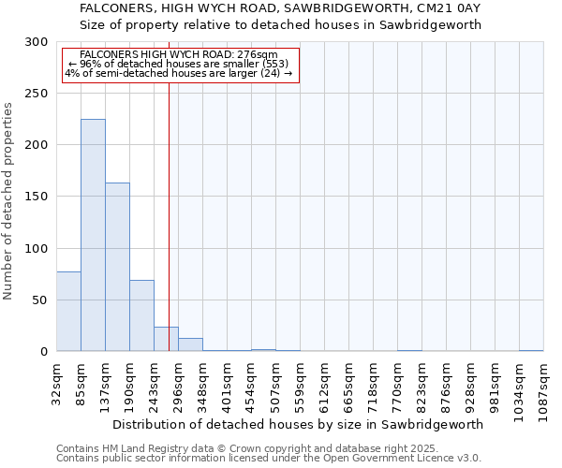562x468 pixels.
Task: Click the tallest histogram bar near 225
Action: (x=93, y=235)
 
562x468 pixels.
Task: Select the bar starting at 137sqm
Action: (x=117, y=267)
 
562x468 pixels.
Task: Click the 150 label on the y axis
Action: (x=37, y=197)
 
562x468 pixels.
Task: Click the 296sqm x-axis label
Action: (x=179, y=383)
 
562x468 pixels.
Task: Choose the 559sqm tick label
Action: (x=301, y=383)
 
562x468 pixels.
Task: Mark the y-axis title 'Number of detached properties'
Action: (x=9, y=201)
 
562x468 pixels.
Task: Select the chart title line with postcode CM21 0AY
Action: (x=280, y=8)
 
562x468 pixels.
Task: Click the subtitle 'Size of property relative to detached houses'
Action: (x=280, y=25)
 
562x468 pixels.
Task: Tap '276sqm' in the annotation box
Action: (x=258, y=55)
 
